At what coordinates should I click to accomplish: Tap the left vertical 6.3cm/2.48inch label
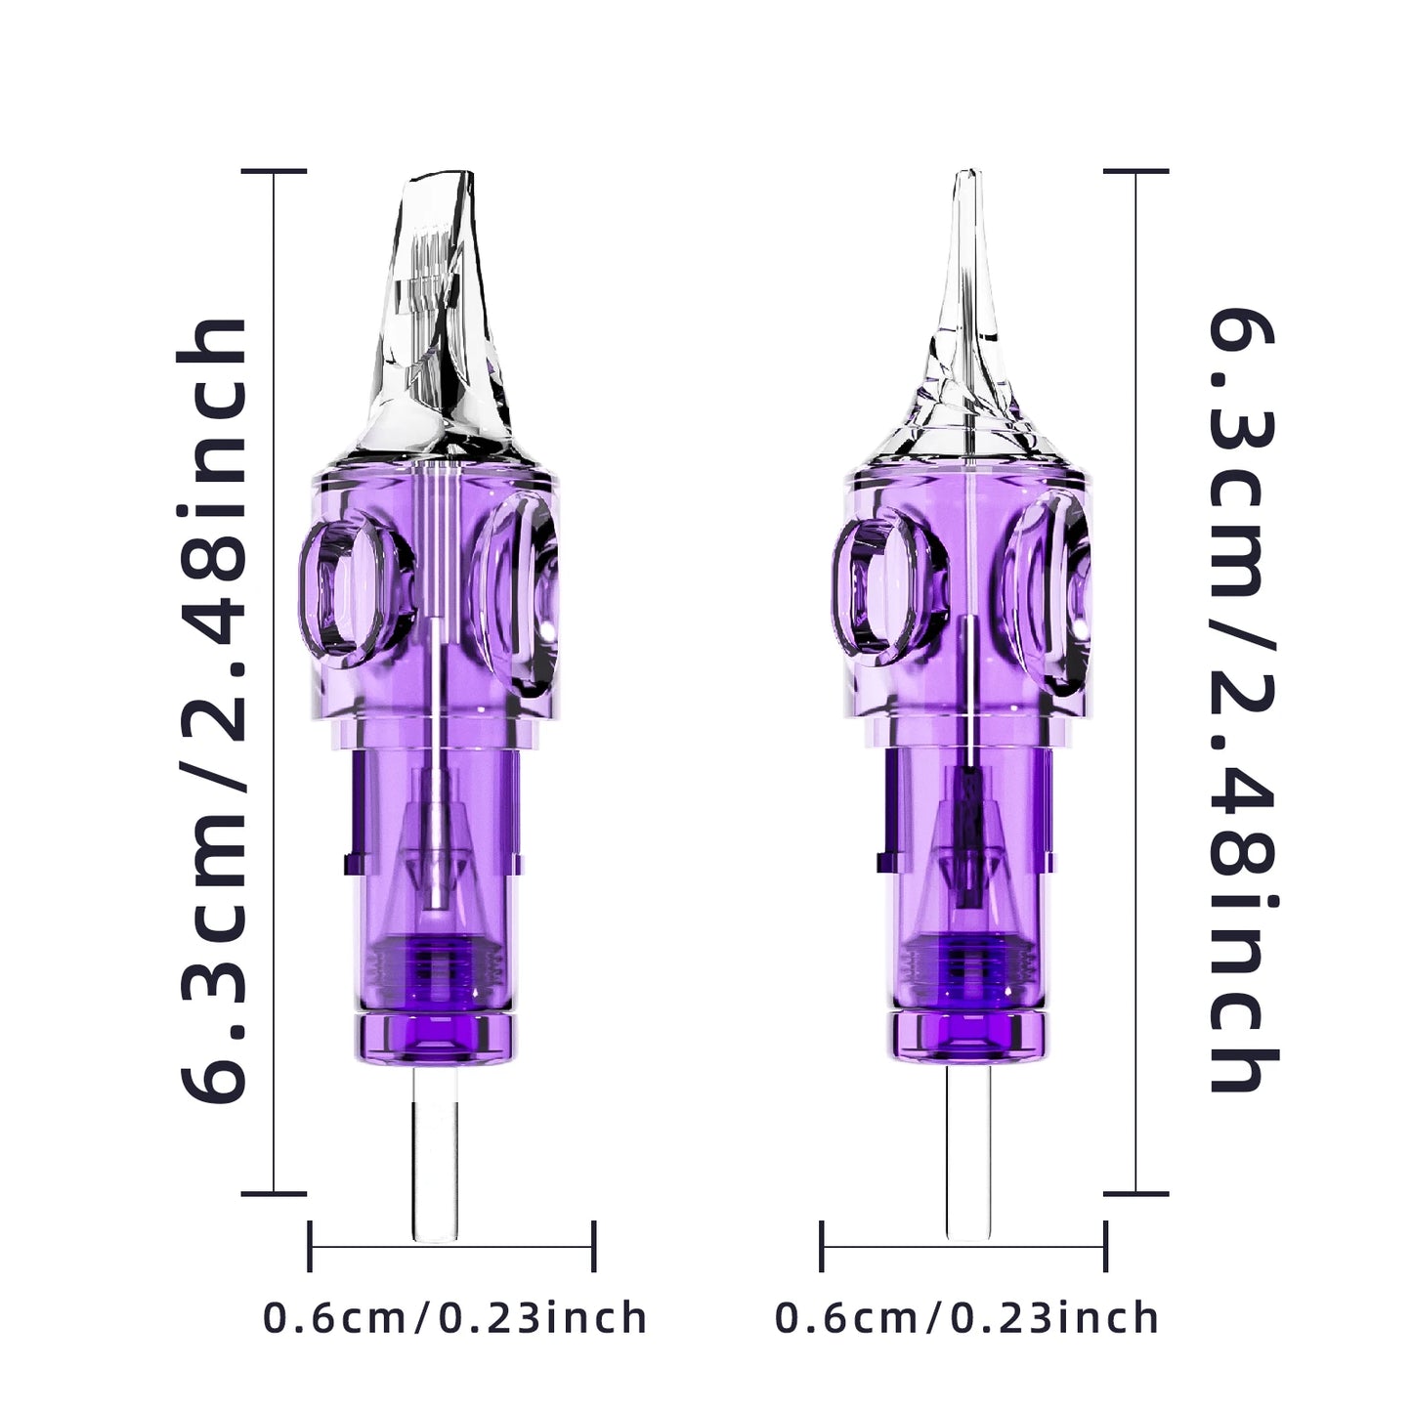pos(214,708)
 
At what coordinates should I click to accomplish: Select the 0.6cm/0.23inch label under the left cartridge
pos(455,1318)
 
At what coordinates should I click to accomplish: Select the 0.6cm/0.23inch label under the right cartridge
pos(967,1318)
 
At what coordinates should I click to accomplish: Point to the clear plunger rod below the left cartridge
pos(435,1153)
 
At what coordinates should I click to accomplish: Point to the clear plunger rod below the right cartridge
pos(968,1153)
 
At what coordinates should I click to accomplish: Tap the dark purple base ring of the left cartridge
pos(435,1035)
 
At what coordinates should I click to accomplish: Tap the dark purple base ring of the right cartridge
pos(968,1035)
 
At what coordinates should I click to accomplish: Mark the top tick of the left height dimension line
pos(274,171)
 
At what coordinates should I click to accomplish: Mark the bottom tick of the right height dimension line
pos(1136,1192)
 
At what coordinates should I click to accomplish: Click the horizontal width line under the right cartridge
pos(1036,1246)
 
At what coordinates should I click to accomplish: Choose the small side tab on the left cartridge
pos(349,860)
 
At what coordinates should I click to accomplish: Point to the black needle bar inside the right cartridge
pos(970,831)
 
